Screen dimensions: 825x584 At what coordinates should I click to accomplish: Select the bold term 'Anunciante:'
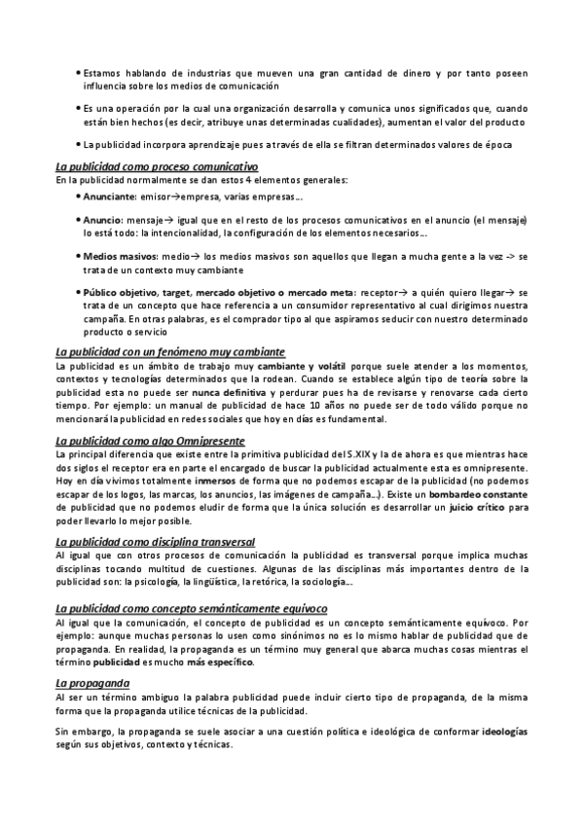(110, 197)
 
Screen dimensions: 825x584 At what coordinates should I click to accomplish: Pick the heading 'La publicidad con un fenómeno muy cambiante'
(169, 351)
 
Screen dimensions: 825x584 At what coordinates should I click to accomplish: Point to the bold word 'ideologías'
(505, 730)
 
